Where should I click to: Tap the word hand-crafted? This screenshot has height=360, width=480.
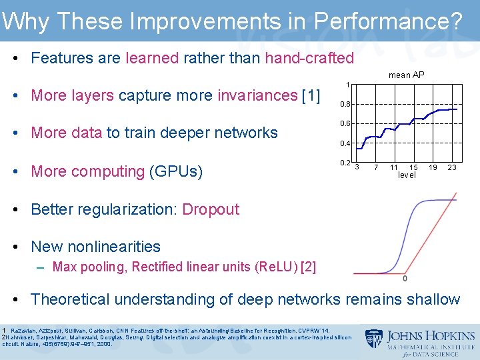[x=309, y=58]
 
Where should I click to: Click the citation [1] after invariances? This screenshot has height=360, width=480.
[x=311, y=95]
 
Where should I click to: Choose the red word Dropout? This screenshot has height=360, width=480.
[x=211, y=209]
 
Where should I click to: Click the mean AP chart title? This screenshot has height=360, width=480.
[x=406, y=75]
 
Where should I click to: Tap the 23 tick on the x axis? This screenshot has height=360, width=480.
[x=451, y=167]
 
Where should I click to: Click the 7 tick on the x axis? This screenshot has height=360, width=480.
[x=376, y=167]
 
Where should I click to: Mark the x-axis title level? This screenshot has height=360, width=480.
[x=406, y=175]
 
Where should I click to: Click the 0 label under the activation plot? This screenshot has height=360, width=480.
[x=405, y=278]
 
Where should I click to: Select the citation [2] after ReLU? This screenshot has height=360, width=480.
[x=308, y=267]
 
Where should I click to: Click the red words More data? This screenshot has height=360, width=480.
[x=67, y=133]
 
